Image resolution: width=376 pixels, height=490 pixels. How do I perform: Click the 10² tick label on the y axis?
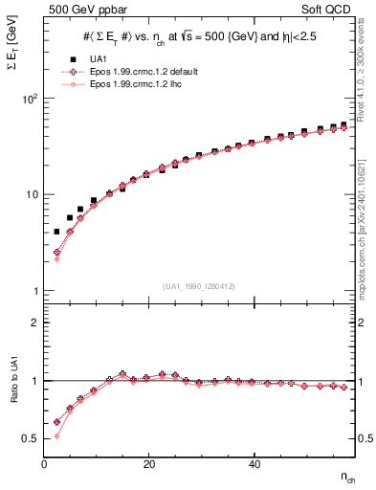point(29,99)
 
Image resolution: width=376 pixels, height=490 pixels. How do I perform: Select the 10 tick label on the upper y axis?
point(31,194)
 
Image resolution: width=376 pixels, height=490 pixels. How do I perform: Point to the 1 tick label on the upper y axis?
point(34,290)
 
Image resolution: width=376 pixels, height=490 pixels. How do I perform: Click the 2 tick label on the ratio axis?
point(34,323)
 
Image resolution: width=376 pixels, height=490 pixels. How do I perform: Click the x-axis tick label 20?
point(148,464)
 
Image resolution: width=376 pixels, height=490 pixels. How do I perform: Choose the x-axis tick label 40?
point(253,464)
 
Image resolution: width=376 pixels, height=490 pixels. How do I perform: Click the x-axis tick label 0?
point(45,464)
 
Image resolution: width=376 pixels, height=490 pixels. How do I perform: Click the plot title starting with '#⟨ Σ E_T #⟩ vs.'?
point(201,35)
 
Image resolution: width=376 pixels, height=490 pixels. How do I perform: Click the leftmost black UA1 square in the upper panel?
point(56,232)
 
